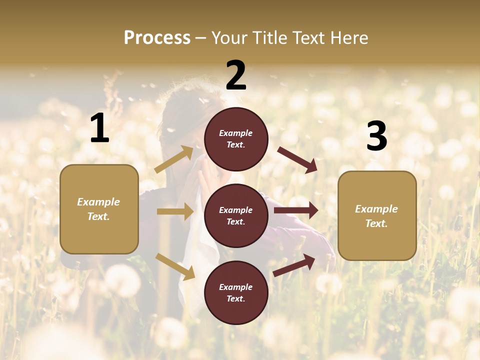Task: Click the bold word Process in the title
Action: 157,38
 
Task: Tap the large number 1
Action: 99,128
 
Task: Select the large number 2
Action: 236,75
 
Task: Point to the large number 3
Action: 376,136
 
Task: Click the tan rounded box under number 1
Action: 99,209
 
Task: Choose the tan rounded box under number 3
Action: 377,215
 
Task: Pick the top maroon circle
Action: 236,139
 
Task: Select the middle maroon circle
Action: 236,215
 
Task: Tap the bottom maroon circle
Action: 236,292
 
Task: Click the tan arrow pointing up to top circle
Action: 174,159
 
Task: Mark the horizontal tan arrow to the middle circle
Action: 175,211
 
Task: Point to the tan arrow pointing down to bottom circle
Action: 175,266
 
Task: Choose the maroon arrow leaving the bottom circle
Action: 294,265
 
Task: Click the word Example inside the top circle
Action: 236,133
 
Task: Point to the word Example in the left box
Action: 98,202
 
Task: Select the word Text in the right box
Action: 376,223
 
